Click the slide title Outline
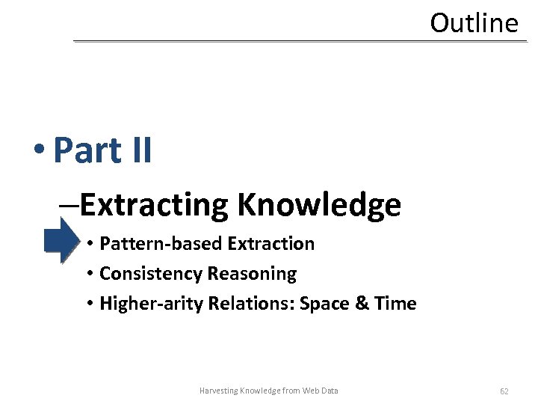(x=474, y=23)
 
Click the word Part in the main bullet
(x=87, y=150)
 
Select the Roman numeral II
(x=140, y=150)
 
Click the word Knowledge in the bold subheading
(x=319, y=205)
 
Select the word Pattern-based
(x=161, y=244)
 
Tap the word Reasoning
(x=252, y=274)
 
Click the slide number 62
(x=504, y=391)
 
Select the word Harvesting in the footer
(x=219, y=391)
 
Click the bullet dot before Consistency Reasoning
(x=89, y=275)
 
